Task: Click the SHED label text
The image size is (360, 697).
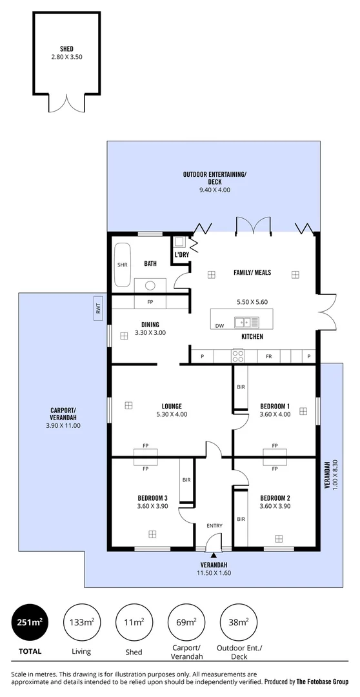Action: (66, 48)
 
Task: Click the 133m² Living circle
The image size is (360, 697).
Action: (81, 622)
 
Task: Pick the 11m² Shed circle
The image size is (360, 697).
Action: (134, 622)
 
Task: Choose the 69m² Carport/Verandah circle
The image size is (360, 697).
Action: (186, 622)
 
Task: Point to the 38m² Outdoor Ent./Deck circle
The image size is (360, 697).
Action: (238, 622)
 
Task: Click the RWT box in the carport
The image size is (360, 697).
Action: (99, 310)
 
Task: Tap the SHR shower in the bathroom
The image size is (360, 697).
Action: (122, 265)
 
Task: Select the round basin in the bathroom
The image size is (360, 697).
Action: (150, 285)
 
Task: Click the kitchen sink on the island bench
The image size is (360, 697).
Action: (246, 321)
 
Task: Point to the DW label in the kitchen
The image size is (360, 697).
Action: (219, 325)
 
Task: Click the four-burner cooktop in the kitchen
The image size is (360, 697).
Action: (238, 356)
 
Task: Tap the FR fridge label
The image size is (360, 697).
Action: (268, 356)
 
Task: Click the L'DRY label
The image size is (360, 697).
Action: (182, 255)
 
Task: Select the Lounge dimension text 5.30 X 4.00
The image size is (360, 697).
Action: (171, 414)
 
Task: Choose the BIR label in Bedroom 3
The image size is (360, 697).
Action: (186, 480)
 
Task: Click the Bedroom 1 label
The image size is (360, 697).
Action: (275, 406)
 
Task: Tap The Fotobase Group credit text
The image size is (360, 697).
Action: (322, 682)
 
